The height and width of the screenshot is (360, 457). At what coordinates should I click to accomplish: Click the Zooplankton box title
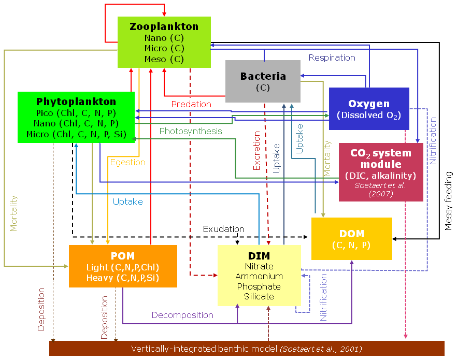click(164, 26)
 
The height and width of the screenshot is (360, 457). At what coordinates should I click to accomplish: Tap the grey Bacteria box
click(263, 81)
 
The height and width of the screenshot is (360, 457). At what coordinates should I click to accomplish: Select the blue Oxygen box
click(369, 109)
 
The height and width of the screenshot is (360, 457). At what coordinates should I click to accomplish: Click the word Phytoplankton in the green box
click(76, 102)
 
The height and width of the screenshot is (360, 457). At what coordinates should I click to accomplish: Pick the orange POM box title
click(123, 256)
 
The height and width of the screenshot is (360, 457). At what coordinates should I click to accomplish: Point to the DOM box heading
click(351, 234)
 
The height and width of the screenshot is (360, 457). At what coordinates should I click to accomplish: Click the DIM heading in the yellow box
click(259, 256)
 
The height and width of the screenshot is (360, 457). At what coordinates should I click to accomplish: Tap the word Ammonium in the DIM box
click(259, 276)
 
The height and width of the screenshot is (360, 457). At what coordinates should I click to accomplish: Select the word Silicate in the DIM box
click(259, 296)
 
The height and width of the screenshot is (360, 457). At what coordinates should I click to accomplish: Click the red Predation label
click(191, 104)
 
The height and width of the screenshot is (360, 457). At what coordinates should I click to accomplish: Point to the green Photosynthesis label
click(190, 131)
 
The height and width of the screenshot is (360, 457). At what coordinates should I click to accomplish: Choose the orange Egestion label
click(127, 162)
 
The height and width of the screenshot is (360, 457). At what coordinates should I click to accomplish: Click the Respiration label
click(332, 57)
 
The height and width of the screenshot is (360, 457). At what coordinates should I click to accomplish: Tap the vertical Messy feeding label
click(449, 200)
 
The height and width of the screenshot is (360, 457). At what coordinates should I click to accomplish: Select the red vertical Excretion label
click(257, 151)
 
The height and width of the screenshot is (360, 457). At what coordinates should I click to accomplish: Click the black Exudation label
click(223, 228)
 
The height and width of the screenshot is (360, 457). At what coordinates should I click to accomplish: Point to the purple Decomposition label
click(182, 315)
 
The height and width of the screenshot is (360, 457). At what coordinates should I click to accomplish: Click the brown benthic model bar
click(247, 349)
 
